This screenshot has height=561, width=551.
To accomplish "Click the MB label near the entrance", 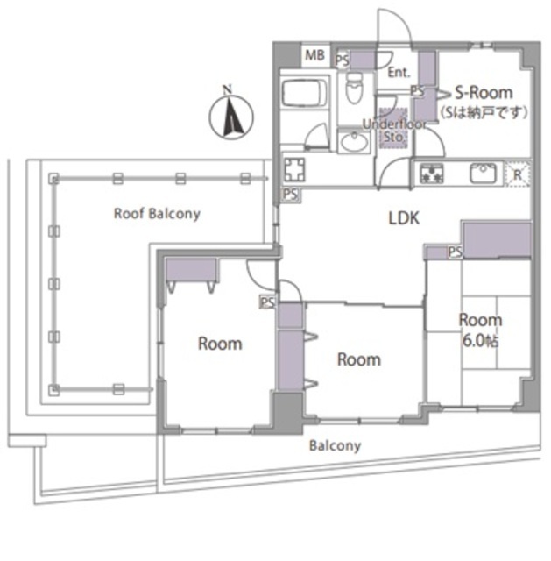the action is [x=314, y=55].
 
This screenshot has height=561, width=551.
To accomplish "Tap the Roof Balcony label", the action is [x=157, y=214].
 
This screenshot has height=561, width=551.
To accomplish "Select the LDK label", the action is [x=404, y=218].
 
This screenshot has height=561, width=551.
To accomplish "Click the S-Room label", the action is [x=484, y=93].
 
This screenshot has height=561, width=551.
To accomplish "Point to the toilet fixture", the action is [x=355, y=87].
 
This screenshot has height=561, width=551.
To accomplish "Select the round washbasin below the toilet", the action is [x=355, y=140].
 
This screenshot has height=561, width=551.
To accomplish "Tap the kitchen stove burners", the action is [x=432, y=174].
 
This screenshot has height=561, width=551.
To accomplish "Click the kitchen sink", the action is [x=483, y=173].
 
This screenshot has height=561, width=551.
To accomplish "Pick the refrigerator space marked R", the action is [x=518, y=174].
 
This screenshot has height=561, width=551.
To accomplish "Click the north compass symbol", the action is [x=231, y=116].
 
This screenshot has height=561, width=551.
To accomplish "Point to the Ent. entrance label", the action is [x=399, y=73].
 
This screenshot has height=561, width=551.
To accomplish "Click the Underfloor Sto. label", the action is [x=394, y=130].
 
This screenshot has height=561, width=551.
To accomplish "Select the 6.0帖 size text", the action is [x=480, y=341].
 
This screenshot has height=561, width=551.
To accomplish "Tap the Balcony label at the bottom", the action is [x=335, y=446].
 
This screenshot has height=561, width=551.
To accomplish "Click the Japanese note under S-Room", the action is [x=484, y=112].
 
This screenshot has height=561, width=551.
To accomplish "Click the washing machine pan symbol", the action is [x=294, y=169].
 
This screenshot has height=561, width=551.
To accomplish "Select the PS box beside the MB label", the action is [x=343, y=60].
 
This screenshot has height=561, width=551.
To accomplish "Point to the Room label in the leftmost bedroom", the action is [x=220, y=344].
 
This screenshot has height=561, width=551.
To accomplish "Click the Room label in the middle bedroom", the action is [x=359, y=359].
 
